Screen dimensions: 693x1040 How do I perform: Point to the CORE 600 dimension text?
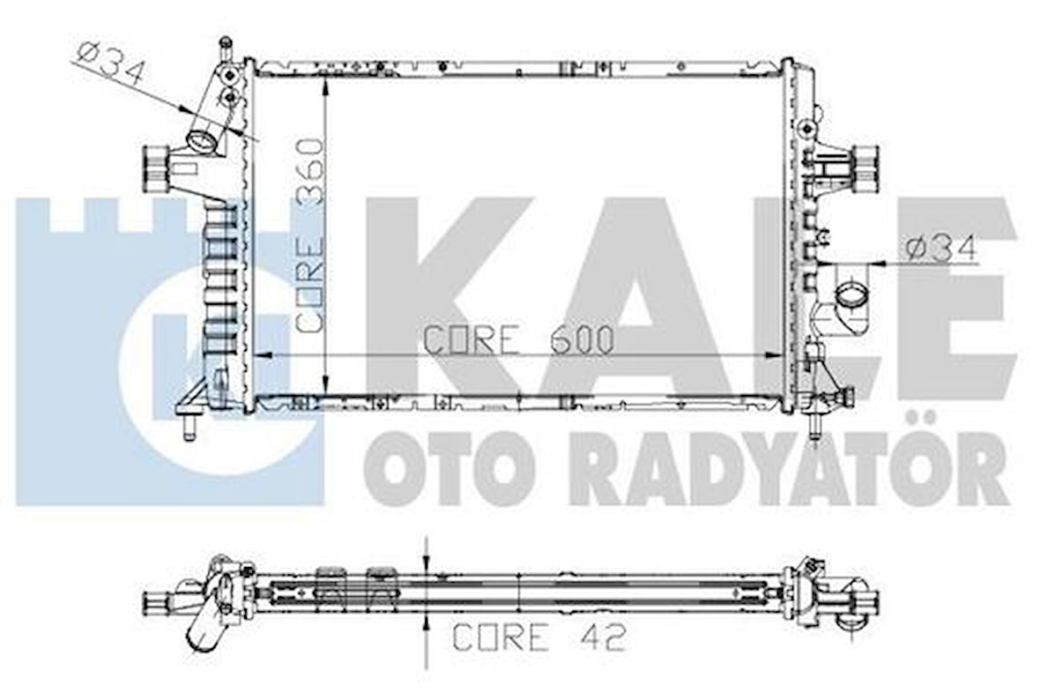[x=518, y=340]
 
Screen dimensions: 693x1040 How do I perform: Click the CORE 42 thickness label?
[x=539, y=637]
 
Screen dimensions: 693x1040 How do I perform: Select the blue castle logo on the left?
[x=167, y=353]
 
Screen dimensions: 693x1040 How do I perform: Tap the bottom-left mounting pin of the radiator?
[x=188, y=427]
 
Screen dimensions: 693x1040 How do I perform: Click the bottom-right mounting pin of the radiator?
[x=815, y=425]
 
